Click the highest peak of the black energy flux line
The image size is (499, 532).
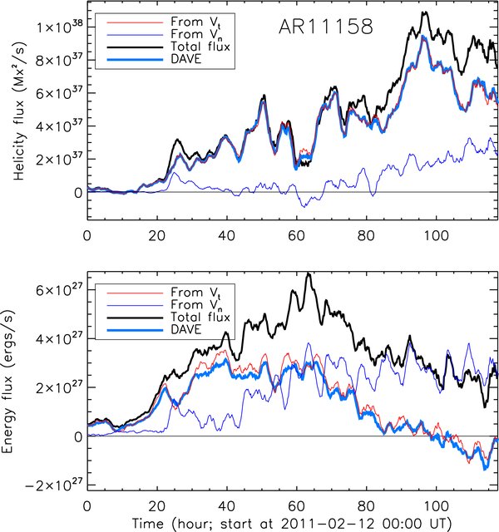point(309,273)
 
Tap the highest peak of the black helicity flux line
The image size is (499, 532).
point(425,12)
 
